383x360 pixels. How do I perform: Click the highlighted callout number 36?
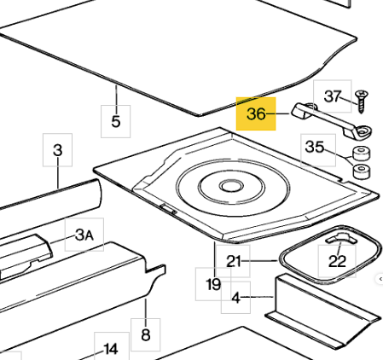tap(256, 114)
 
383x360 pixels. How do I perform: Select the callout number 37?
tap(333, 96)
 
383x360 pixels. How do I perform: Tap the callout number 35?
tap(315, 147)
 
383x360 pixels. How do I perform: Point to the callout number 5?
tap(116, 121)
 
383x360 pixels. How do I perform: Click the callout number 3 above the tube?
tap(58, 150)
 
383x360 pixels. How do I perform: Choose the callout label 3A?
tap(84, 235)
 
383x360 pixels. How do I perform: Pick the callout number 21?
tap(234, 261)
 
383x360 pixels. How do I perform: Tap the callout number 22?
tap(337, 261)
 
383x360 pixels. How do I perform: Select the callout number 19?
tap(213, 284)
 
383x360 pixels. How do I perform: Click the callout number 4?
tap(236, 298)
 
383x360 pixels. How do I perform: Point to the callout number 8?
tap(146, 334)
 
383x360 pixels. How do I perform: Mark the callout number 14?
tap(111, 349)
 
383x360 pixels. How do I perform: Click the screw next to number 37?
tap(362, 102)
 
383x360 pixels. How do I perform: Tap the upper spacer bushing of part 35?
tap(362, 154)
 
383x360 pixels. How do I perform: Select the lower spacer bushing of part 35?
tap(362, 171)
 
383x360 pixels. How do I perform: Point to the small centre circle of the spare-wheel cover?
tap(231, 186)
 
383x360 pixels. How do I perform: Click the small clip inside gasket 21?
tap(341, 238)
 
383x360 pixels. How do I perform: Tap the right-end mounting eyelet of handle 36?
tap(363, 131)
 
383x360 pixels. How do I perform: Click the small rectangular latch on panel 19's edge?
tap(169, 208)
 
